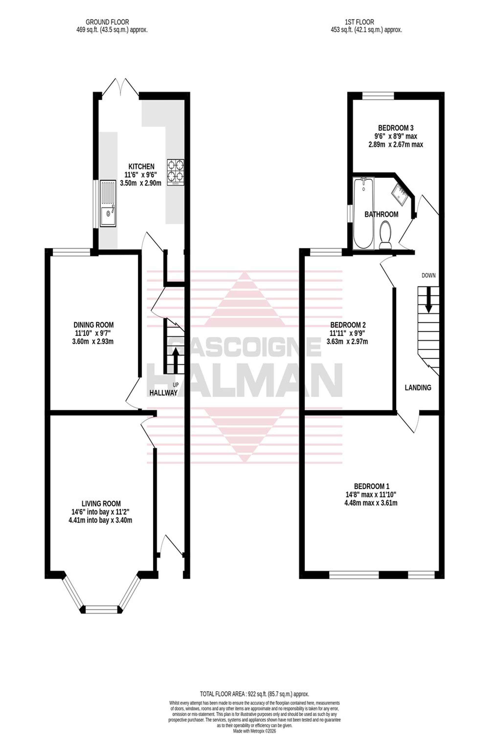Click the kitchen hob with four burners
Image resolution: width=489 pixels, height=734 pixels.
tap(175, 172)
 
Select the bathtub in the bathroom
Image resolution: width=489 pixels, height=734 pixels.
tap(363, 213)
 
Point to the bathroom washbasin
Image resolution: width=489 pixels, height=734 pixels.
tap(400, 194)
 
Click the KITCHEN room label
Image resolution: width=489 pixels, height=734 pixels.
tap(142, 166)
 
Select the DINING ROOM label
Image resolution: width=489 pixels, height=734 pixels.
tap(94, 325)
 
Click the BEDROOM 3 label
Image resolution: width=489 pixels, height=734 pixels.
tap(396, 128)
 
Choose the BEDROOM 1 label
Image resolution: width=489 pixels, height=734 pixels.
tap(371, 486)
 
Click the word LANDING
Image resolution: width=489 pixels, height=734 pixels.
tap(418, 388)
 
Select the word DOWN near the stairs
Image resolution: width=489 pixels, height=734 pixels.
tap(429, 275)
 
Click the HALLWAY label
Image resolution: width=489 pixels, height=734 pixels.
tap(163, 393)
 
